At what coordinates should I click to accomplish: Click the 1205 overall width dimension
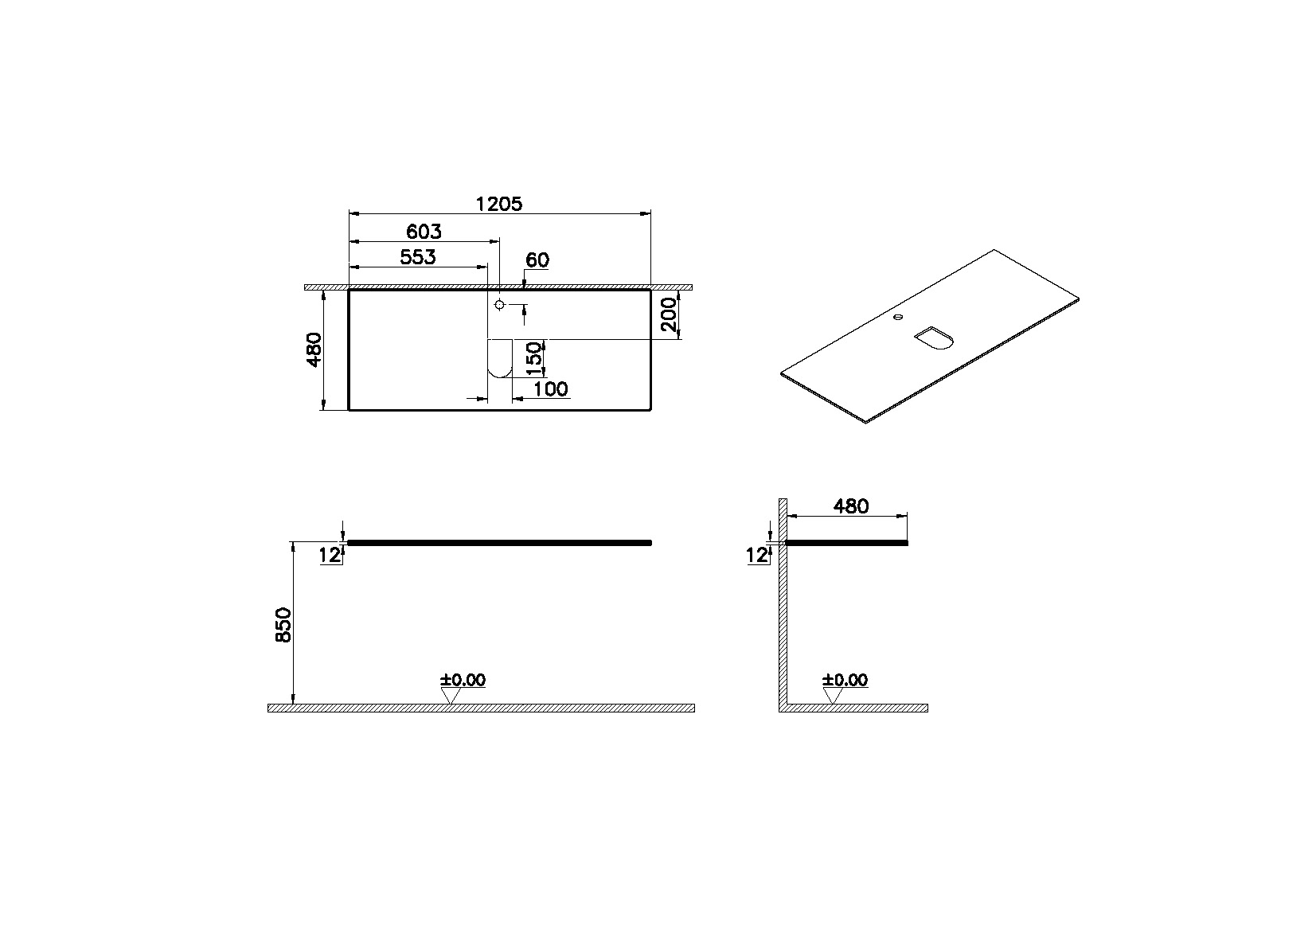coord(499,204)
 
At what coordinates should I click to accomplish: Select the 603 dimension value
coord(424,232)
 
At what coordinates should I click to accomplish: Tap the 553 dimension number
coord(418,257)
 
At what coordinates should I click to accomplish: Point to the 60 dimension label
coord(538,260)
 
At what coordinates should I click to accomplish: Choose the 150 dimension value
coord(536,357)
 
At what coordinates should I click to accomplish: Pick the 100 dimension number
coord(551,388)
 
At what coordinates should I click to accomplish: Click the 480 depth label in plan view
coord(314,349)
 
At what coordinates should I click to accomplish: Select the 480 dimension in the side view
coord(850,505)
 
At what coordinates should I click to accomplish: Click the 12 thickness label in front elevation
coord(330,556)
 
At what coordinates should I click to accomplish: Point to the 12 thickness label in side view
coord(757,556)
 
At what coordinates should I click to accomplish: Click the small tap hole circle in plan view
coord(499,305)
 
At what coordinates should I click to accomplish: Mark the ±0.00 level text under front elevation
coord(463,680)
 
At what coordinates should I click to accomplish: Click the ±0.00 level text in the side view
coord(845,680)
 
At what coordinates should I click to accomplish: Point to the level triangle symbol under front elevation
coord(451,696)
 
